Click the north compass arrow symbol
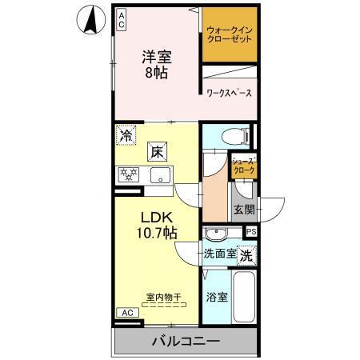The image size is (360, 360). pos(95,19)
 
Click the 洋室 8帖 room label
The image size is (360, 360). pos(158,64)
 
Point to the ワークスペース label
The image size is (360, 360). pos(229,94)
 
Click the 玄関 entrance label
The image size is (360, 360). pos(243,210)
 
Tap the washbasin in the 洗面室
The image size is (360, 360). pos(216,234)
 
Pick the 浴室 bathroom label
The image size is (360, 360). pos(216,298)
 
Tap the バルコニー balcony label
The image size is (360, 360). pos(186,342)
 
